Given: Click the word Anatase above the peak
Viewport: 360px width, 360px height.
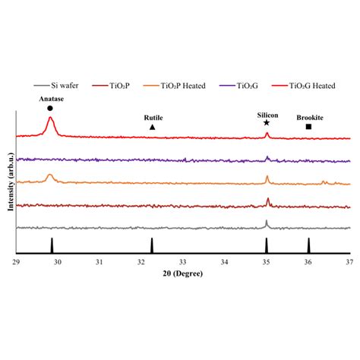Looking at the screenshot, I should click(x=50, y=99).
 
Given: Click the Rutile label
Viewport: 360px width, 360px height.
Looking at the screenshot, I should click(x=153, y=118).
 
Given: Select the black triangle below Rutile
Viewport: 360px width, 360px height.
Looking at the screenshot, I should click(x=153, y=127).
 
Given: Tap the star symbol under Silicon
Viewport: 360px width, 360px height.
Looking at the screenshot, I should click(x=267, y=122).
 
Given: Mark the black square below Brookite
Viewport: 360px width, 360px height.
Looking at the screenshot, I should click(x=308, y=127).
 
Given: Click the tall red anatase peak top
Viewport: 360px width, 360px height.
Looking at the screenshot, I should click(x=50, y=118).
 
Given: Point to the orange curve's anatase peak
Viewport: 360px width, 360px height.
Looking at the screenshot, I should click(x=51, y=175).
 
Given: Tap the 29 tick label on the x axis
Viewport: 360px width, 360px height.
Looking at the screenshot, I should click(x=16, y=261).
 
